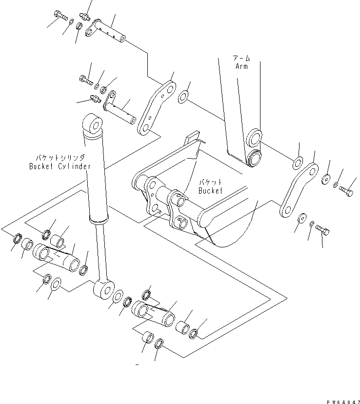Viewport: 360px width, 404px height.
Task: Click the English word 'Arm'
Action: coord(240,65)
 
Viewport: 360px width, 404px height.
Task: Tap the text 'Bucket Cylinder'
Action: coord(66,166)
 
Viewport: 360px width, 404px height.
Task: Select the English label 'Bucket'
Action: coord(210,191)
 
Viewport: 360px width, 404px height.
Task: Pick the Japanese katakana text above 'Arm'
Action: coord(241,58)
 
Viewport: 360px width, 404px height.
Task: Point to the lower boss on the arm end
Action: coord(253,159)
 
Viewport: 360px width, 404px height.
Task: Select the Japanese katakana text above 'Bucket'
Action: coord(210,182)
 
